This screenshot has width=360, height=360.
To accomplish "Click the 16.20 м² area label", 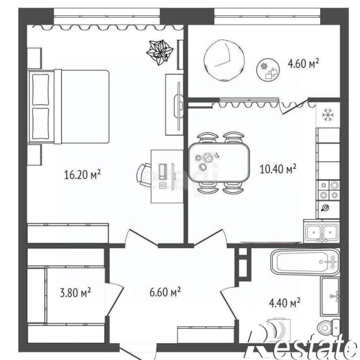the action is (82, 175).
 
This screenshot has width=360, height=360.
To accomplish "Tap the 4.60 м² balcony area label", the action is (303, 64).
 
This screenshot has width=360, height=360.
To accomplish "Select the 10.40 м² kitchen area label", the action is (278, 169).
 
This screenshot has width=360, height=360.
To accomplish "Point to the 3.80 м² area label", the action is (75, 292).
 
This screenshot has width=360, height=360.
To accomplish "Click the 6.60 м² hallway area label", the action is (165, 292).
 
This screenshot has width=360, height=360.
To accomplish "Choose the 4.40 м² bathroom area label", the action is (285, 303).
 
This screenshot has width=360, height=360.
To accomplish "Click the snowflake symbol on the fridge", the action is (328, 115).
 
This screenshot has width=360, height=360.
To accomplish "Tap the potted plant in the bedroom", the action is (160, 52).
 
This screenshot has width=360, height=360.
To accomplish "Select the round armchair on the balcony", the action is (224, 60).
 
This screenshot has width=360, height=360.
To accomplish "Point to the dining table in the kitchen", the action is (219, 162).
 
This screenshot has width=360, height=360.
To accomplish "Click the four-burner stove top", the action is (328, 190).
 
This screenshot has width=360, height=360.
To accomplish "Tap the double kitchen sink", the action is (321, 231).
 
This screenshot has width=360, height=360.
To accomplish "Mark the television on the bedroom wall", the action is (179, 106).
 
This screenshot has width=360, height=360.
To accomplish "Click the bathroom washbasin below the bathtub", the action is (330, 296).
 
